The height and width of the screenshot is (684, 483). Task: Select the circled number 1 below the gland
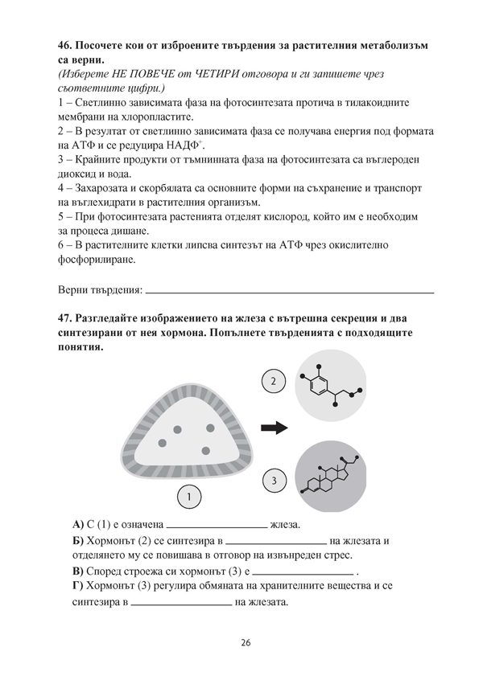[x=188, y=498]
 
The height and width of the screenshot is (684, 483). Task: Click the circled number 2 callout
[x=274, y=381]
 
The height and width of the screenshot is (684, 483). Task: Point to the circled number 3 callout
[x=274, y=481]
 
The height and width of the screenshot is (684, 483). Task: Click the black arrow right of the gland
[x=275, y=428]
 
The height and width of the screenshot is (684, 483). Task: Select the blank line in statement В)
[x=303, y=572]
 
